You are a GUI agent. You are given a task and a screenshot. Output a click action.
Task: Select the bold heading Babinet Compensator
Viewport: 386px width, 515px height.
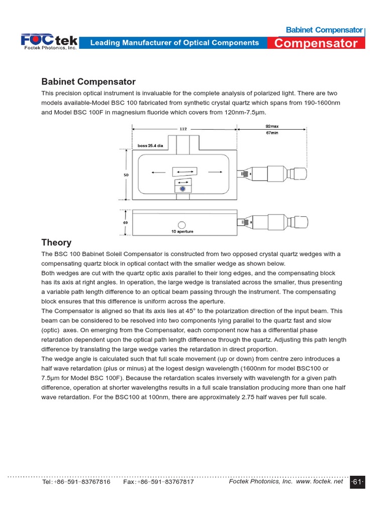88,81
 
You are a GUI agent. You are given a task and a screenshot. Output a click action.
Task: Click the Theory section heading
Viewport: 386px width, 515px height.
56,242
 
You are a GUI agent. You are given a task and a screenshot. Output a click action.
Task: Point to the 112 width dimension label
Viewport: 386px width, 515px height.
183,129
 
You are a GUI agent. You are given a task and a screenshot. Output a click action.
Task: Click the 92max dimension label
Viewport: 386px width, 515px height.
272,126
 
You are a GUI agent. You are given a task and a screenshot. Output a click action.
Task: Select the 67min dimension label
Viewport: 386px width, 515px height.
272,133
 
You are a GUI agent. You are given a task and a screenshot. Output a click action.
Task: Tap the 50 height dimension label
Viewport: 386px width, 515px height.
126,175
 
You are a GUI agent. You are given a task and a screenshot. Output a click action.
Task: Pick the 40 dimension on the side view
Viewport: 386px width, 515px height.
126,222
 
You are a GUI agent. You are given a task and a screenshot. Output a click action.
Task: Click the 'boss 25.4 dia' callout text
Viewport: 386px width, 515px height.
150,146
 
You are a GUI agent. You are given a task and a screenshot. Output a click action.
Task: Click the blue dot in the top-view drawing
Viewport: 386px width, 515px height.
182,188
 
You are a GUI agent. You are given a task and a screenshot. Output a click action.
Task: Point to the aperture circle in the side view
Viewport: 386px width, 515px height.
182,224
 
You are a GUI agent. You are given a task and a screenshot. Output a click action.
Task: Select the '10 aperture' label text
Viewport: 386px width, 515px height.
182,232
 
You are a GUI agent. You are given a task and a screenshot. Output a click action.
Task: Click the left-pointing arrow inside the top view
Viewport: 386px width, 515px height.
157,172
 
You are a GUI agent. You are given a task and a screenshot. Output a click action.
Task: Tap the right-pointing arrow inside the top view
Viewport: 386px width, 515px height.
215,172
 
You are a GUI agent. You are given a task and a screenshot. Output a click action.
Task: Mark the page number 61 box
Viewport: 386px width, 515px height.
357,482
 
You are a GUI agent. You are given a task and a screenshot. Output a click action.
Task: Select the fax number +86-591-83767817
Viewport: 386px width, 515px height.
158,482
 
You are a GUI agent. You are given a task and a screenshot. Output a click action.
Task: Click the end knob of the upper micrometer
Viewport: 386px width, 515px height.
300,175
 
